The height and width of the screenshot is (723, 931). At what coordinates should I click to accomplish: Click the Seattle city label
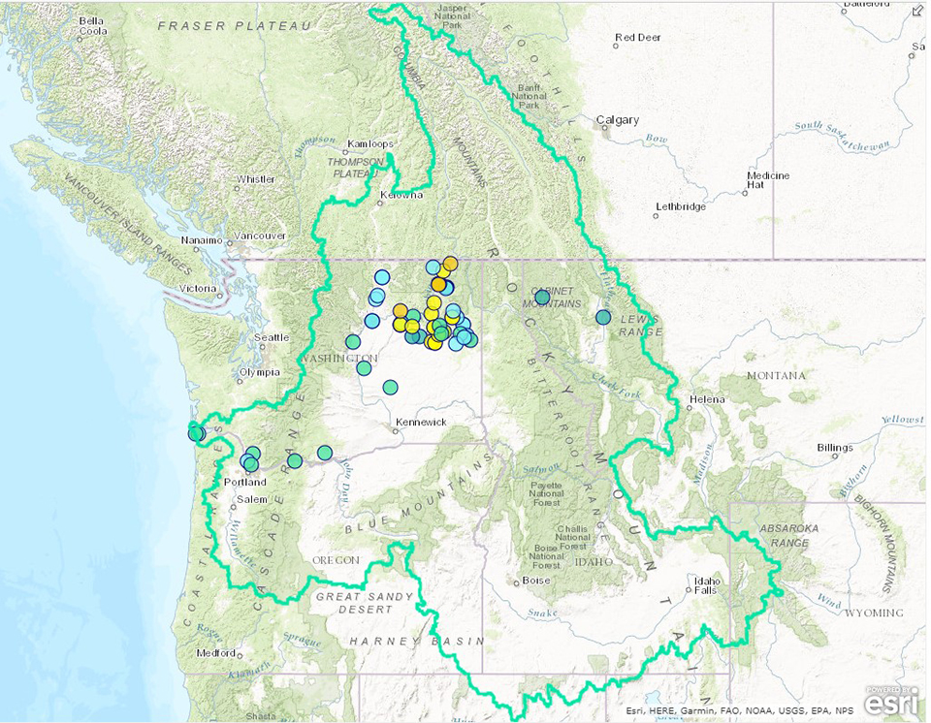coord(273,337)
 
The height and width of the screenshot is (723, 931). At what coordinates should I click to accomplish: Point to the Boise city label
coord(535,581)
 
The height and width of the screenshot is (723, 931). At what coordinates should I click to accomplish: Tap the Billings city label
coord(834,448)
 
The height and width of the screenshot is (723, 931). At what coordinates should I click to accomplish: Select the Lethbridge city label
coord(681,206)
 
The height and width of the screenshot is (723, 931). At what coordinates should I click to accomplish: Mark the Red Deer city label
coord(637,38)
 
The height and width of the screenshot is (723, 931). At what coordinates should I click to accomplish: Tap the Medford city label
coord(215,652)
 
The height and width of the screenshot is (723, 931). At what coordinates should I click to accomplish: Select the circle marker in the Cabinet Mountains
coord(542,296)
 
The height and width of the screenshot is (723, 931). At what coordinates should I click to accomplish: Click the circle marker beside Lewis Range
coord(603,317)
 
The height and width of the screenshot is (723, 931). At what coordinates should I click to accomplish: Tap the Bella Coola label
coord(91,25)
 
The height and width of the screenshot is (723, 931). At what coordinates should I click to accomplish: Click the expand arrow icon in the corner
coord(917,11)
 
